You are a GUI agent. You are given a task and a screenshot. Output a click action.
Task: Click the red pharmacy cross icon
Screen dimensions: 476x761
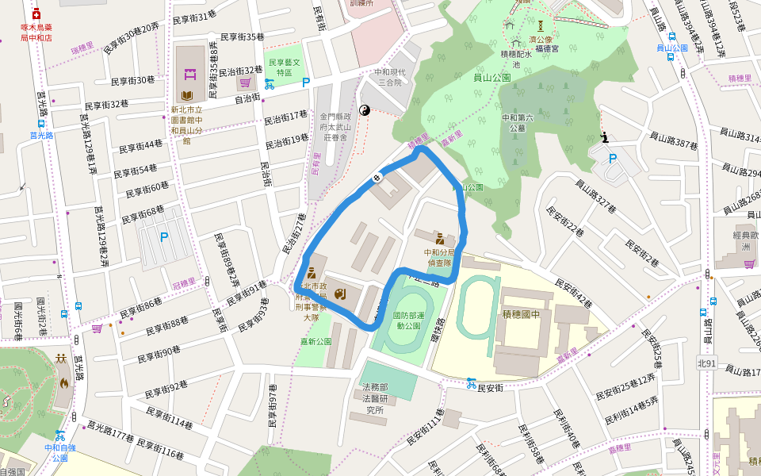(x=36, y=14)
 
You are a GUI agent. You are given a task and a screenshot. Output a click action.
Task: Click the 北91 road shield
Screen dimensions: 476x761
(x=706, y=363)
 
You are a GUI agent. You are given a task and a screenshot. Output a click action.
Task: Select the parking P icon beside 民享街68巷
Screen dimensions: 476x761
(x=164, y=236)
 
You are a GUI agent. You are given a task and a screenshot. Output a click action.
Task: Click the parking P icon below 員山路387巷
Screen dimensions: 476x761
(x=612, y=158)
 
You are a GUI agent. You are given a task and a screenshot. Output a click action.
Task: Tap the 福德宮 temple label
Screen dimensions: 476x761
(x=547, y=48)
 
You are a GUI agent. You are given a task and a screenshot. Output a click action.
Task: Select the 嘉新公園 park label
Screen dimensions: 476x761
(x=315, y=342)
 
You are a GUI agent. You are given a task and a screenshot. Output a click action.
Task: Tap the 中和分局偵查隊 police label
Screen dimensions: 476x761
(x=439, y=256)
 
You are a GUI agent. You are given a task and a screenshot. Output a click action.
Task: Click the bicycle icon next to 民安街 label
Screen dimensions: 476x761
(x=472, y=383)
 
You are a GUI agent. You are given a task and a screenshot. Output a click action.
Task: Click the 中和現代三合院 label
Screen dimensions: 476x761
(x=389, y=77)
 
